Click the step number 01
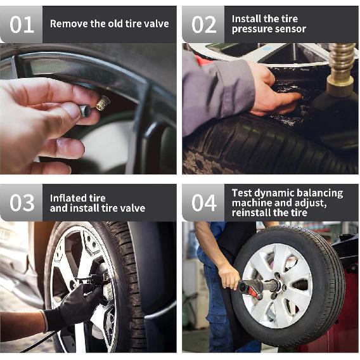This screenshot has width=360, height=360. pyautogui.click(x=22, y=25)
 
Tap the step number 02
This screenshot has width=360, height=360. pyautogui.click(x=204, y=25)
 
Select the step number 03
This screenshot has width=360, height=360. pyautogui.click(x=22, y=203)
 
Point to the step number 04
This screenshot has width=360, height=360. pyautogui.click(x=204, y=203)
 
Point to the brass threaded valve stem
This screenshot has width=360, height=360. pyautogui.click(x=103, y=103)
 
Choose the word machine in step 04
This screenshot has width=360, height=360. pyautogui.click(x=252, y=203)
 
